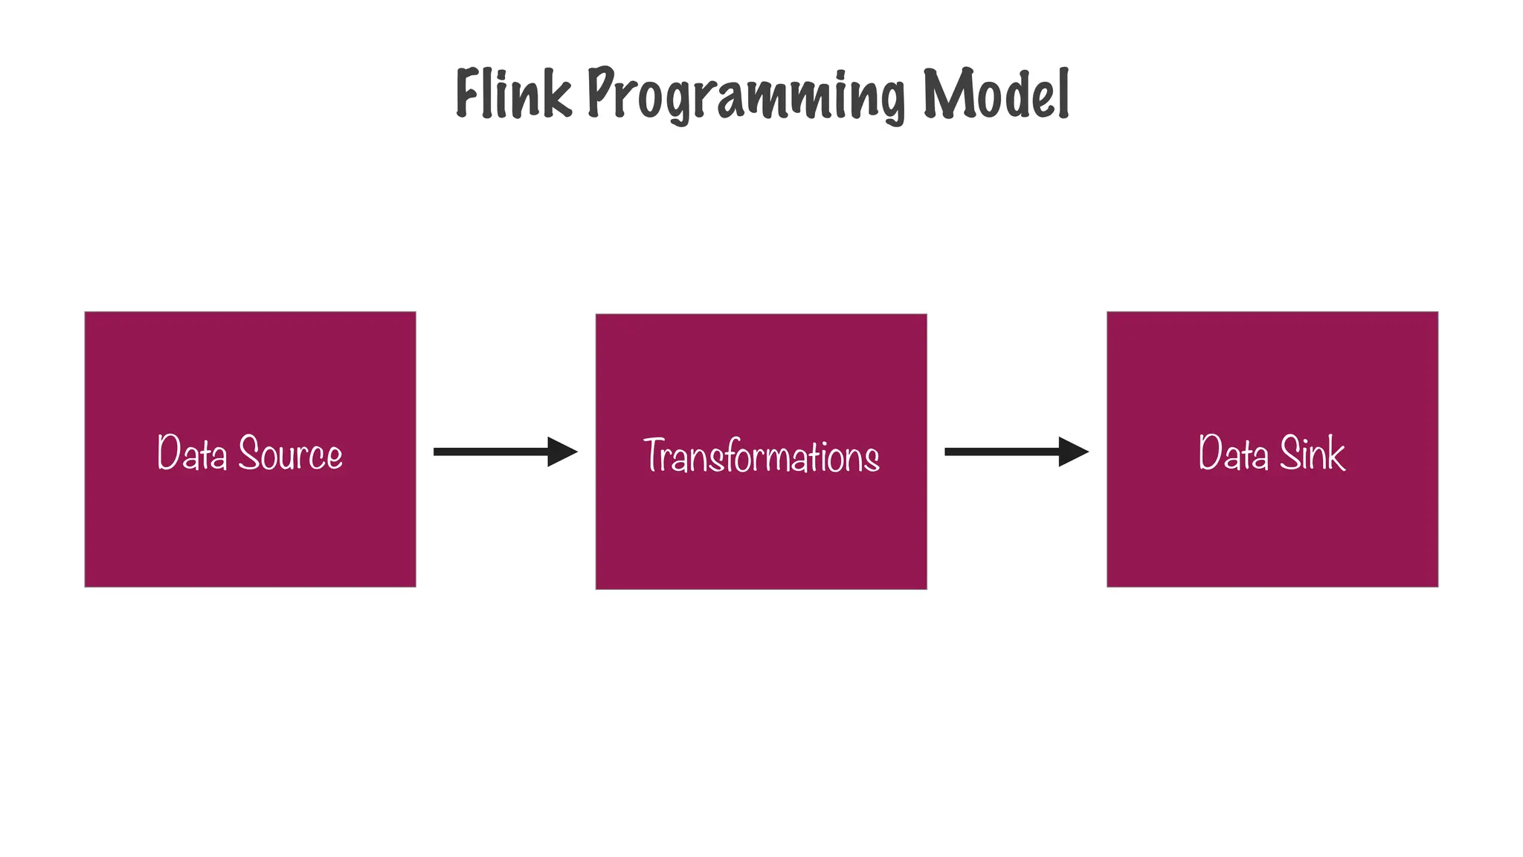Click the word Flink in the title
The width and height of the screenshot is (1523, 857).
513,94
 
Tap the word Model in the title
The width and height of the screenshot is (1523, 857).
996,94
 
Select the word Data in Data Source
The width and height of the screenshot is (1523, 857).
191,453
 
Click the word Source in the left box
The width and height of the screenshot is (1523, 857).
290,453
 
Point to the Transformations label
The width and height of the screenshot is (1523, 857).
761,456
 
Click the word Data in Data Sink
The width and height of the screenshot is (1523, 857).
1232,453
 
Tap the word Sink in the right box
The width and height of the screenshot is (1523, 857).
1312,453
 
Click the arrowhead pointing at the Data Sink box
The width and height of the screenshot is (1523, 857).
1072,452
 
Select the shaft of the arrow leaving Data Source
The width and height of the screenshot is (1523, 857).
491,452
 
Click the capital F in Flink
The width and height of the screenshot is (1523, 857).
468,94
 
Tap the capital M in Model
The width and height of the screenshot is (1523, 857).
944,94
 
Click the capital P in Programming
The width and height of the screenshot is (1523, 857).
601,92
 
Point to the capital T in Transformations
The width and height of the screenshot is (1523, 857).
654,455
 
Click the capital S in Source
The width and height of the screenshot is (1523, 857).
249,452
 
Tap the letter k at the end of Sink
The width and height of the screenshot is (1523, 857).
1336,453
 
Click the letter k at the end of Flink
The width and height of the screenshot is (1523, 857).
558,95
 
